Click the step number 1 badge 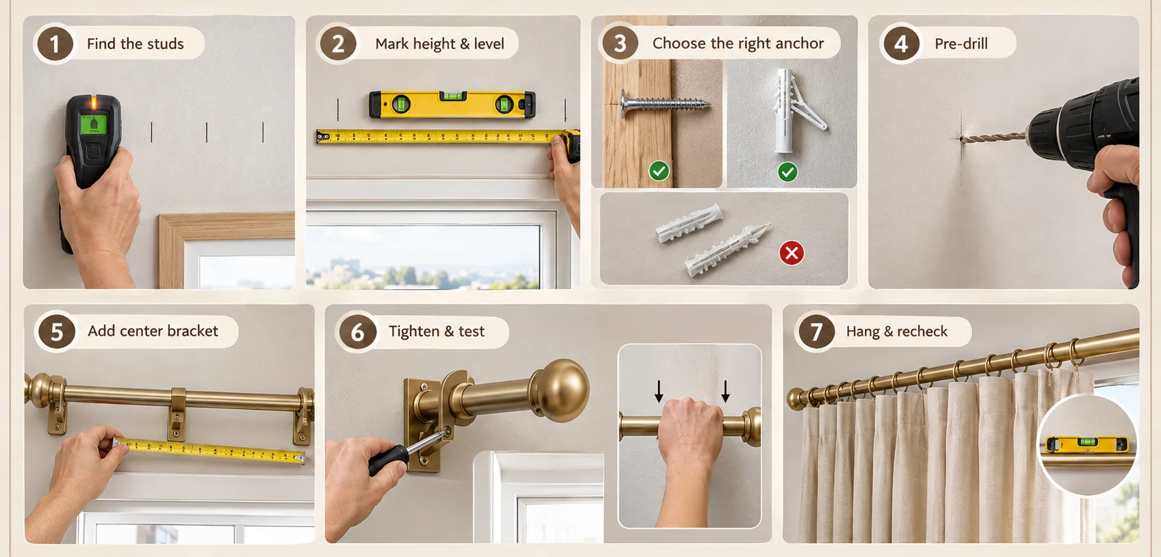click(55, 44)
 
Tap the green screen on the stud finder click(93, 124)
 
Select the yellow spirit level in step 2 click(452, 105)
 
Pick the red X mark click(792, 253)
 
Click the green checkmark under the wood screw click(660, 171)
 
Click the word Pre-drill click(961, 44)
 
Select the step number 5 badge click(57, 331)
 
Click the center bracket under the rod click(177, 414)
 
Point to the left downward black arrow click(658, 392)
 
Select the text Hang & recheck click(897, 331)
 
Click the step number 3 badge click(620, 43)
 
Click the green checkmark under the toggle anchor click(788, 172)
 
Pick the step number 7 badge click(816, 331)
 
